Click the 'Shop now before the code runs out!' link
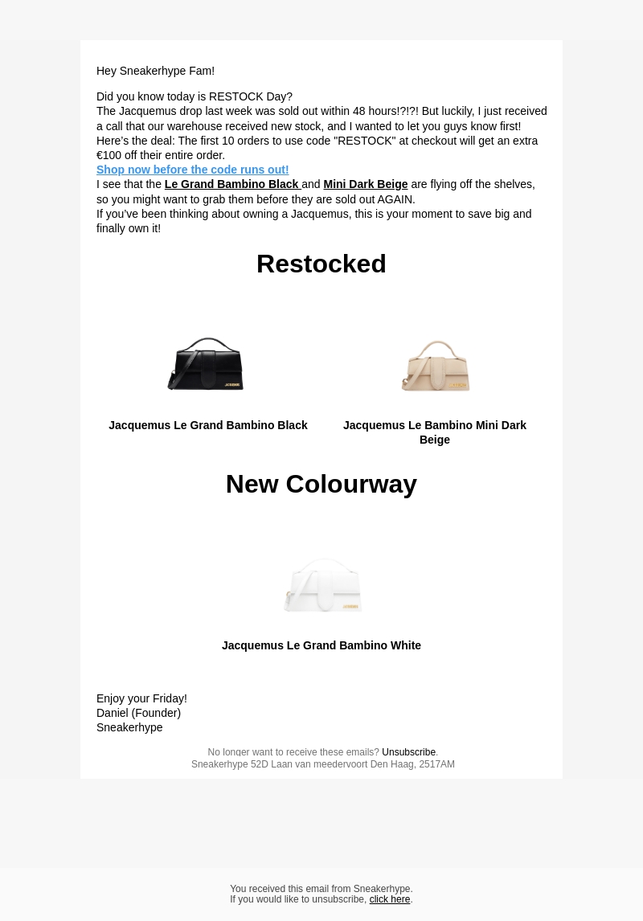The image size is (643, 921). [192, 170]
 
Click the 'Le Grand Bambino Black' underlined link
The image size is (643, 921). [231, 184]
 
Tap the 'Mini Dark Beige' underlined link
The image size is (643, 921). [365, 184]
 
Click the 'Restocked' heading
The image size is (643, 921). [321, 264]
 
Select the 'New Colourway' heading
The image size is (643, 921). [321, 484]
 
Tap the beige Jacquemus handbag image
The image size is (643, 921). [435, 368]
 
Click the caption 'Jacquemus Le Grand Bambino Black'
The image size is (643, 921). [207, 425]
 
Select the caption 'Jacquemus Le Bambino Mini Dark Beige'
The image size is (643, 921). [434, 432]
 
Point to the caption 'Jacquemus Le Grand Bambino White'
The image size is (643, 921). [321, 645]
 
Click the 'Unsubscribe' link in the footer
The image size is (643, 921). [408, 752]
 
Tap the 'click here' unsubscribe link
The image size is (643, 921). [389, 899]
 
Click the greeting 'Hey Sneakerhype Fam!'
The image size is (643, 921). [155, 71]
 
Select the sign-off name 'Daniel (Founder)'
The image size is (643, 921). [138, 713]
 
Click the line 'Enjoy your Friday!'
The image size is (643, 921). [141, 698]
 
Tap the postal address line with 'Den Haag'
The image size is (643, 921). [322, 764]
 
